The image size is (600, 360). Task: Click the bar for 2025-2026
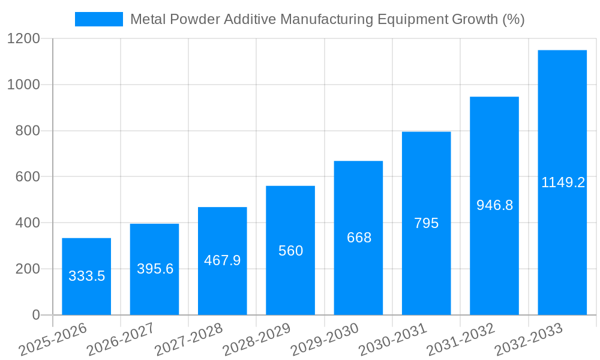(86, 277)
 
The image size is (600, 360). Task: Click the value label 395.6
(155, 269)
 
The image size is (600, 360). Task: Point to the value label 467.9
(222, 260)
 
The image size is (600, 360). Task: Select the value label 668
(359, 238)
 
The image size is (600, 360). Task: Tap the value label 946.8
(494, 205)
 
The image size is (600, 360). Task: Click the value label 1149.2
(563, 183)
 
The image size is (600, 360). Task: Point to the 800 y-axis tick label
(28, 131)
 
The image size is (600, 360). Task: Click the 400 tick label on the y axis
(28, 223)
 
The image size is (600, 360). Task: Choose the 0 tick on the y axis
(35, 315)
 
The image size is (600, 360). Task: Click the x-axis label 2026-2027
(121, 340)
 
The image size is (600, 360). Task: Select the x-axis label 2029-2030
(325, 340)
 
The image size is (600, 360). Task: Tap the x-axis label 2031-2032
(461, 340)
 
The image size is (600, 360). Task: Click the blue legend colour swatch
(98, 19)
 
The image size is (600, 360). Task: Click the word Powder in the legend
(196, 19)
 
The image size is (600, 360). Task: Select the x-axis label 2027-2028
(188, 340)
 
